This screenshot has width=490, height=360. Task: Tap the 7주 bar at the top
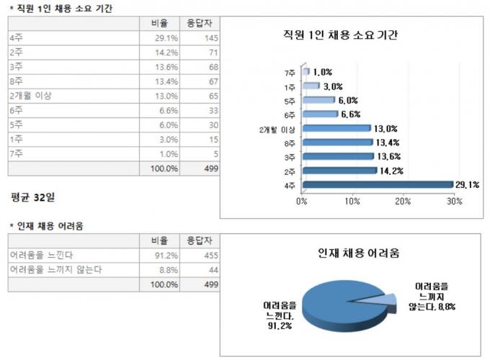[306, 72]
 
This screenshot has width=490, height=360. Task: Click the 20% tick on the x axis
[404, 201]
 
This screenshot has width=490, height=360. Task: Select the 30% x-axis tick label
[454, 201]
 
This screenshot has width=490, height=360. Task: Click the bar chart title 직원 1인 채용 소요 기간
[341, 35]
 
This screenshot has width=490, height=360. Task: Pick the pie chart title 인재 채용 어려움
[360, 253]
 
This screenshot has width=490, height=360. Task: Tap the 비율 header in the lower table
[159, 240]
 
